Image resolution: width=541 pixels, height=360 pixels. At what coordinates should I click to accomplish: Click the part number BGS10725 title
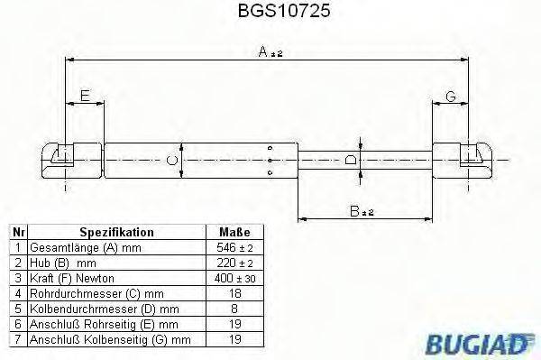pyautogui.click(x=270, y=13)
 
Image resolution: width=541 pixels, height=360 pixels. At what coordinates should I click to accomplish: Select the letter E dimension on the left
pyautogui.click(x=85, y=96)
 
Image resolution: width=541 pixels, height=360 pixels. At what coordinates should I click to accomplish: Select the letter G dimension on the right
pyautogui.click(x=451, y=97)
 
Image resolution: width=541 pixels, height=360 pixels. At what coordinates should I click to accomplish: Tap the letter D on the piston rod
pyautogui.click(x=353, y=160)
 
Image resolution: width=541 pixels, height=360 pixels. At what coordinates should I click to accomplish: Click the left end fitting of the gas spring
pyautogui.click(x=69, y=161)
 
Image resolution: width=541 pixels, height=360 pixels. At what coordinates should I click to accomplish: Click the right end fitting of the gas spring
pyautogui.click(x=464, y=161)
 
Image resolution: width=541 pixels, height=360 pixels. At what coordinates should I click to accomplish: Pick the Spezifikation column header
pyautogui.click(x=116, y=232)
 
